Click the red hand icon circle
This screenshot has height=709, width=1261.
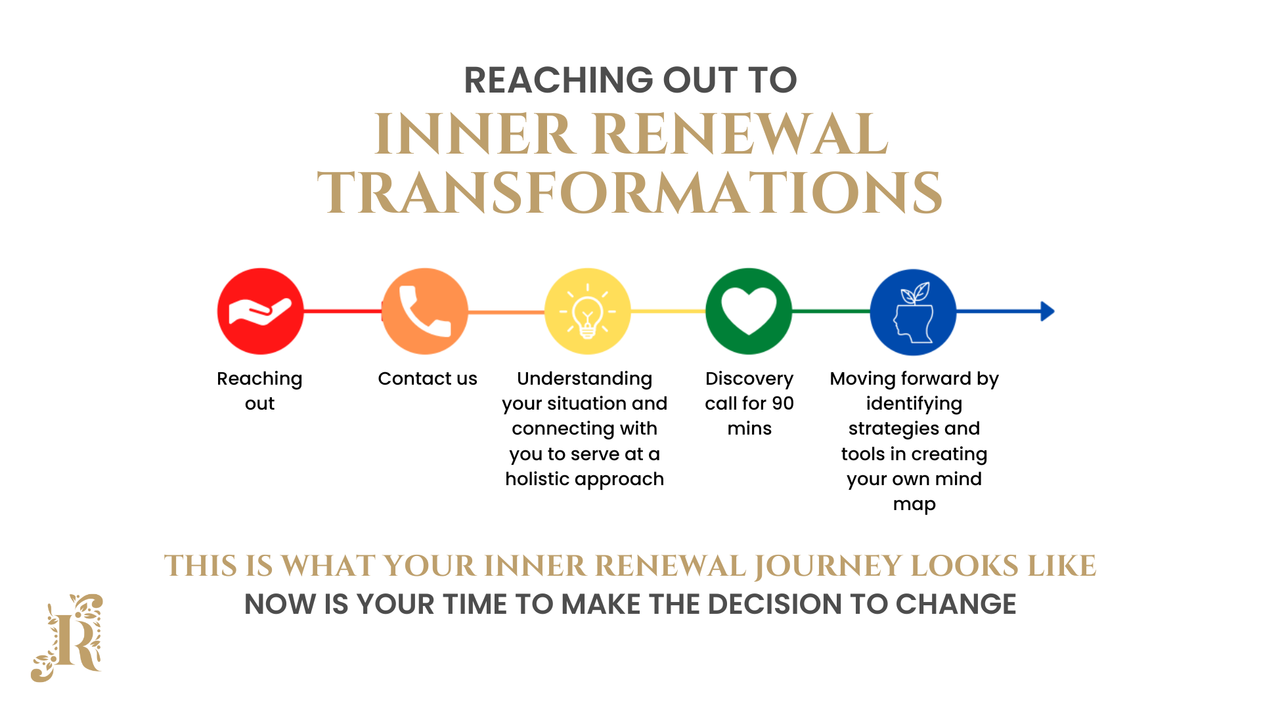[261, 311]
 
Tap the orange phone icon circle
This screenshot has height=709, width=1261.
[425, 311]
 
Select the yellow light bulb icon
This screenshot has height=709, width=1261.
[588, 311]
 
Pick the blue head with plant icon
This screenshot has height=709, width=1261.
[914, 312]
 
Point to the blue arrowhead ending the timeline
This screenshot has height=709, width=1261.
[1048, 311]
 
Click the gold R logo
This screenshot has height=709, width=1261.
[67, 637]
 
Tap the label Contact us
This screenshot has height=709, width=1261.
[428, 379]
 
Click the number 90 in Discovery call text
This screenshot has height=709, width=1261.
[783, 404]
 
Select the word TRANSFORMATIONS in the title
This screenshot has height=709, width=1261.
[630, 192]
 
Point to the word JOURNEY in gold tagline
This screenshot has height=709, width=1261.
[829, 567]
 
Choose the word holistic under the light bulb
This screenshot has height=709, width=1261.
[537, 479]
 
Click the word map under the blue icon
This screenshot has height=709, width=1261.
[914, 505]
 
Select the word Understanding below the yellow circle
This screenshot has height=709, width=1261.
[585, 379]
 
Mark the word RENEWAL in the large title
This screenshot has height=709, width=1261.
[743, 134]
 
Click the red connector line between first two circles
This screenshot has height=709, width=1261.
[343, 311]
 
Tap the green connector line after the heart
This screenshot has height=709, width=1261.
[831, 311]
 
